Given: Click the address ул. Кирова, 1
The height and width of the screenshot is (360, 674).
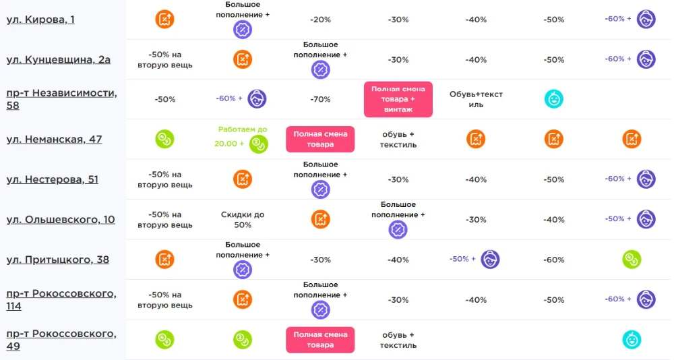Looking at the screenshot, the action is click(x=40, y=20).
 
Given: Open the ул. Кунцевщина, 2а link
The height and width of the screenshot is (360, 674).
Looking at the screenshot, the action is click(x=59, y=60).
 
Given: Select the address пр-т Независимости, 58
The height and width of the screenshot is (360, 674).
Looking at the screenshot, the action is click(x=61, y=99).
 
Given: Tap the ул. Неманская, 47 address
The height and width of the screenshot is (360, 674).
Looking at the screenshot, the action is click(x=54, y=140).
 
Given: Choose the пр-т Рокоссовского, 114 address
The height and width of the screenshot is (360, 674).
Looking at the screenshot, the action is click(x=61, y=299).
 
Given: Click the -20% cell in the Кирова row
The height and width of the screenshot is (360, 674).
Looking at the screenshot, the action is click(x=320, y=20).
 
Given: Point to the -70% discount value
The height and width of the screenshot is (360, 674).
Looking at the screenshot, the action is click(x=320, y=99).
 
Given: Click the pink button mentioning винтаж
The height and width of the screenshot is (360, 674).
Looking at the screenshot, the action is click(x=398, y=99).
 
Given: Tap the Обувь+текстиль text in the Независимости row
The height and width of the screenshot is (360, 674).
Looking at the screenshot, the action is click(x=476, y=99).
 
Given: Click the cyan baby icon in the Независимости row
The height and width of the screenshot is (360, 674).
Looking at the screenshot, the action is click(x=553, y=99).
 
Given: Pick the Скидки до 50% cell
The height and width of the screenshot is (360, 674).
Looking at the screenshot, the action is click(x=243, y=219).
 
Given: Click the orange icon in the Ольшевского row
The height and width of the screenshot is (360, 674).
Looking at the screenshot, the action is click(x=320, y=219).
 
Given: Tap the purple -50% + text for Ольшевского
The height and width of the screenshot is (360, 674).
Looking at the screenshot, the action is click(x=617, y=219).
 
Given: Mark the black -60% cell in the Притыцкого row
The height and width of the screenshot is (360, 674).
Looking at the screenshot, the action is click(x=553, y=260).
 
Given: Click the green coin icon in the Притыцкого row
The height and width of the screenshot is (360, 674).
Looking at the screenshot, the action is click(x=632, y=260).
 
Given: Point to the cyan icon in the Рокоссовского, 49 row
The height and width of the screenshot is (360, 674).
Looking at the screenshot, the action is click(x=632, y=340).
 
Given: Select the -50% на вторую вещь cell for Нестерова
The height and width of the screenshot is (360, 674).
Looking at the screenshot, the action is click(x=164, y=179).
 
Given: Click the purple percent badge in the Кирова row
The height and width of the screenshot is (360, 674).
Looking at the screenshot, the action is click(x=243, y=30).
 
